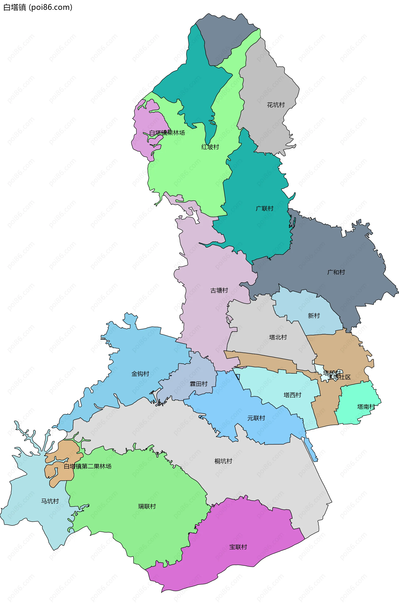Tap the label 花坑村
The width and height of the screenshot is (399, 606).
click(x=276, y=105)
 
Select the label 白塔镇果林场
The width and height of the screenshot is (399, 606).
click(x=167, y=133)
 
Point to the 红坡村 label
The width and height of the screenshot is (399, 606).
click(x=210, y=147)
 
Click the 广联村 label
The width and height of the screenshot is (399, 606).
click(x=265, y=209)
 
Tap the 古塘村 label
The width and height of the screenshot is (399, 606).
click(x=219, y=291)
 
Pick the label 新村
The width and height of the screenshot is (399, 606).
click(x=314, y=316)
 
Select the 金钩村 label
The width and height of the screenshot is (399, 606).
click(x=140, y=374)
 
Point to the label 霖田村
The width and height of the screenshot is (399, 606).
click(x=198, y=384)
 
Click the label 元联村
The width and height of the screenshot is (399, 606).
click(x=256, y=418)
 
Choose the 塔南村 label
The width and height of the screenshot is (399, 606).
click(x=366, y=407)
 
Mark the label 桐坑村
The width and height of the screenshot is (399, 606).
click(x=223, y=461)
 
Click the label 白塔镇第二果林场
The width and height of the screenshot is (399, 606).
click(x=87, y=466)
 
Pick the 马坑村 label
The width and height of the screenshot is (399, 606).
click(x=50, y=501)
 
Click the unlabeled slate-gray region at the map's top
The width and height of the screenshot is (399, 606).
click(x=224, y=36)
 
